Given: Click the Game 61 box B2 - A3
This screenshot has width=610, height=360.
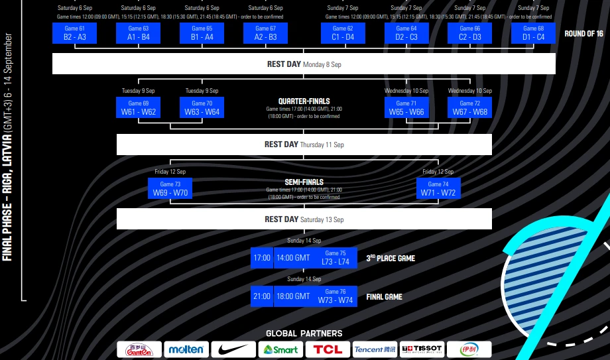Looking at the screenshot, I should pos(75,33).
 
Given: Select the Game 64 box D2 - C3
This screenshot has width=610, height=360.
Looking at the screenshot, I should pos(406,33).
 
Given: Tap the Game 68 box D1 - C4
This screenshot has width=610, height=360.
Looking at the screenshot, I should pos(533,33).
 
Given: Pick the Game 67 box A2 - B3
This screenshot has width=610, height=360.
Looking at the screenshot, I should pos(265,33).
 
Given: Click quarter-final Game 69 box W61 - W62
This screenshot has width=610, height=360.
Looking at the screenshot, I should pos(139,108).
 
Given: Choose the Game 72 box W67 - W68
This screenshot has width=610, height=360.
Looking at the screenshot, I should pos(470,108).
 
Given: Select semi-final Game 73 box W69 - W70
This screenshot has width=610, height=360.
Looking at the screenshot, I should pos(170,189).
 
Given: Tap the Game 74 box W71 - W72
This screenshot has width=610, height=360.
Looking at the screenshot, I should pos(438,189).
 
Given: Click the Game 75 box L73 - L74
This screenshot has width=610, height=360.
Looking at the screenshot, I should pos(335,258).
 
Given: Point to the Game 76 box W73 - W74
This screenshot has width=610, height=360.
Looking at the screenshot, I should pos(335,296).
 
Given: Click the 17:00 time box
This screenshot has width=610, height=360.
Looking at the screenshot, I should pos(262,258).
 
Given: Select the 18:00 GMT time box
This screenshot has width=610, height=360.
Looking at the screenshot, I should pos(293,296).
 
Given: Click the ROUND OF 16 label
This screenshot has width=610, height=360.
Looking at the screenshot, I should pos(583,34).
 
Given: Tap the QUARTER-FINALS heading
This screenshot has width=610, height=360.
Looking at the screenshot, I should pos(304,101).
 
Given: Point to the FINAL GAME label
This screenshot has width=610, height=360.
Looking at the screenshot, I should pos(385,297).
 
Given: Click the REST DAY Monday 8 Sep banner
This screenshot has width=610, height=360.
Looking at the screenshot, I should pos(304,64).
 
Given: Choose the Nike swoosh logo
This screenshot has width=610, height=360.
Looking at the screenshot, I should pos(233,349).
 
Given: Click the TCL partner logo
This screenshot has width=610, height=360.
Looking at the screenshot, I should pos(328,349).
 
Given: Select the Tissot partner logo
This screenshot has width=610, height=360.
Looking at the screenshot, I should pos(422,349).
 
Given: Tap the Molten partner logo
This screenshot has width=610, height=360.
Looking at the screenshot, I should pos(186,349).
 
